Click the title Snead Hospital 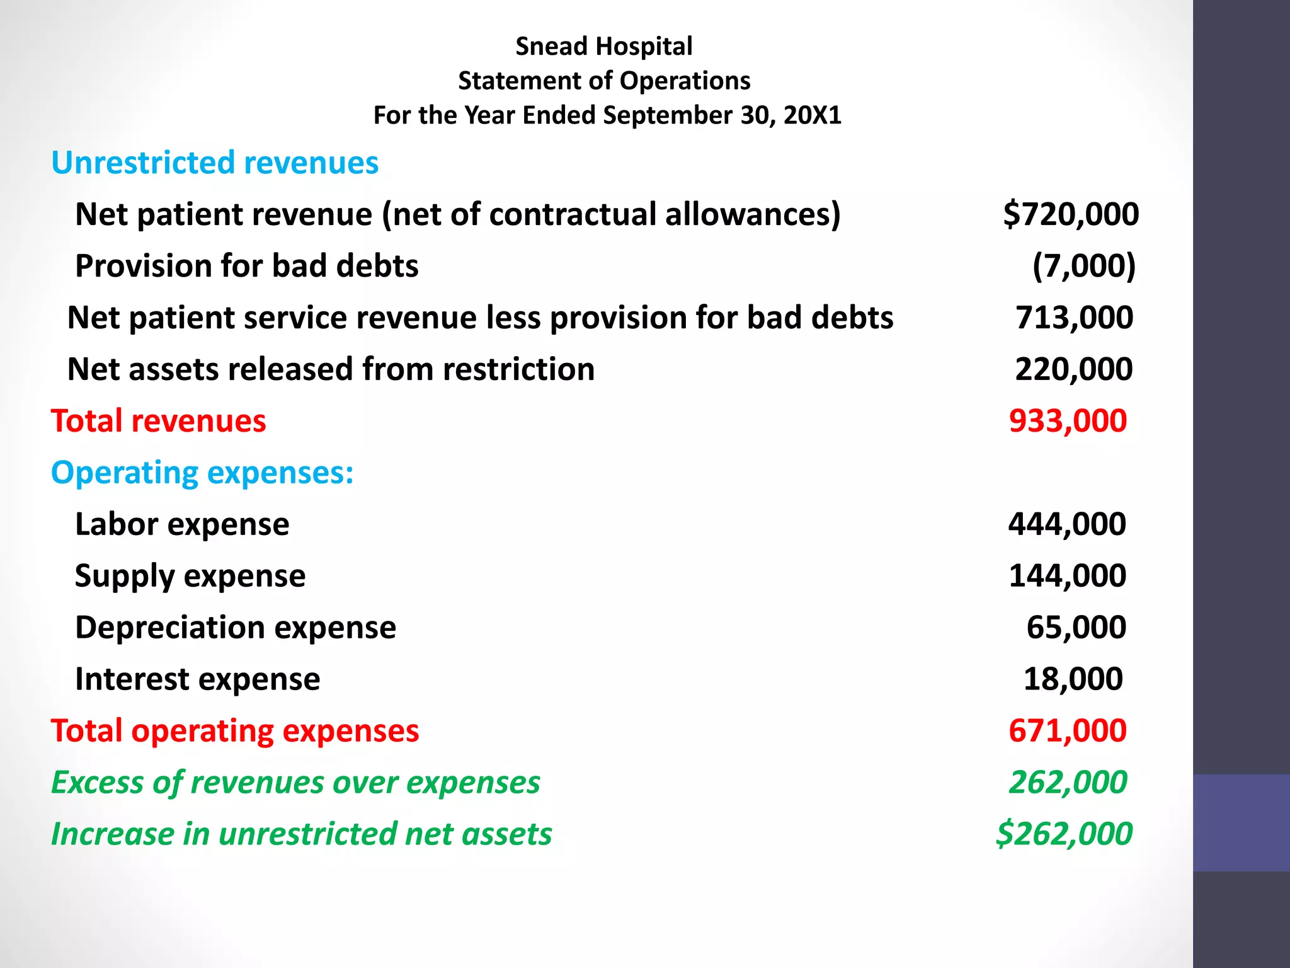pos(603,47)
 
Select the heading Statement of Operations pos(603,81)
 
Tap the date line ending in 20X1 pos(607,115)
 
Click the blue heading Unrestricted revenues pos(215,163)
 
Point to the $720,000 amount pos(1070,214)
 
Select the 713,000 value pos(1074,318)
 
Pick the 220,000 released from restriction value pos(1073,369)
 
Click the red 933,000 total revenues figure pos(1068,421)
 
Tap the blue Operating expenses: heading pos(202,473)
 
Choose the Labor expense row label pos(182,524)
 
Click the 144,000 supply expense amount pos(1067,576)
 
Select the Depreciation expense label pos(236,628)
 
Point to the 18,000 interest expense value pos(1073,679)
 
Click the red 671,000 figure pos(1067,731)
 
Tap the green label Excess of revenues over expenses pos(295,783)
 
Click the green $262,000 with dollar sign pos(1064,834)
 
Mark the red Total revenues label pos(158,421)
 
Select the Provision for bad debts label pos(246,266)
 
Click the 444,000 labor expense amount pos(1067,524)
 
